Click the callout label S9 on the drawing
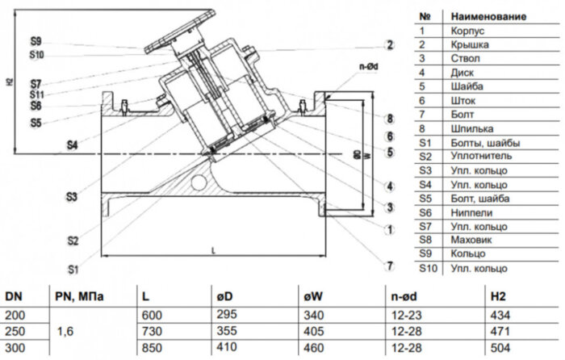36,41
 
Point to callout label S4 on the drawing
73,145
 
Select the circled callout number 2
389,45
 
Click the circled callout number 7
389,266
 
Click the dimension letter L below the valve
213,249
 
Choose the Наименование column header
488,15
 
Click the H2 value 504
500,346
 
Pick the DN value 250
16,331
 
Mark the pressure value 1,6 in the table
67,331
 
